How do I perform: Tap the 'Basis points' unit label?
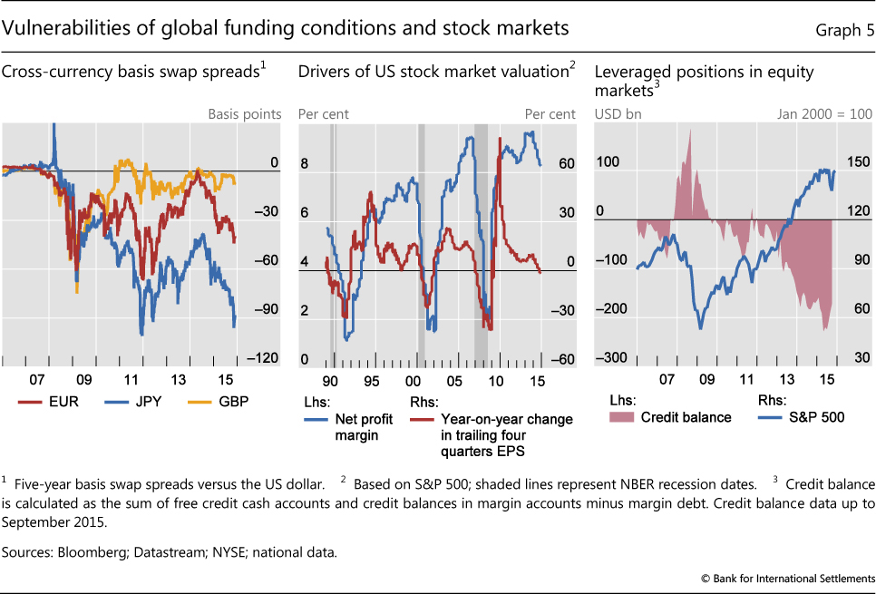point(245,114)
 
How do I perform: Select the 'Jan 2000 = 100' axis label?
point(824,114)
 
